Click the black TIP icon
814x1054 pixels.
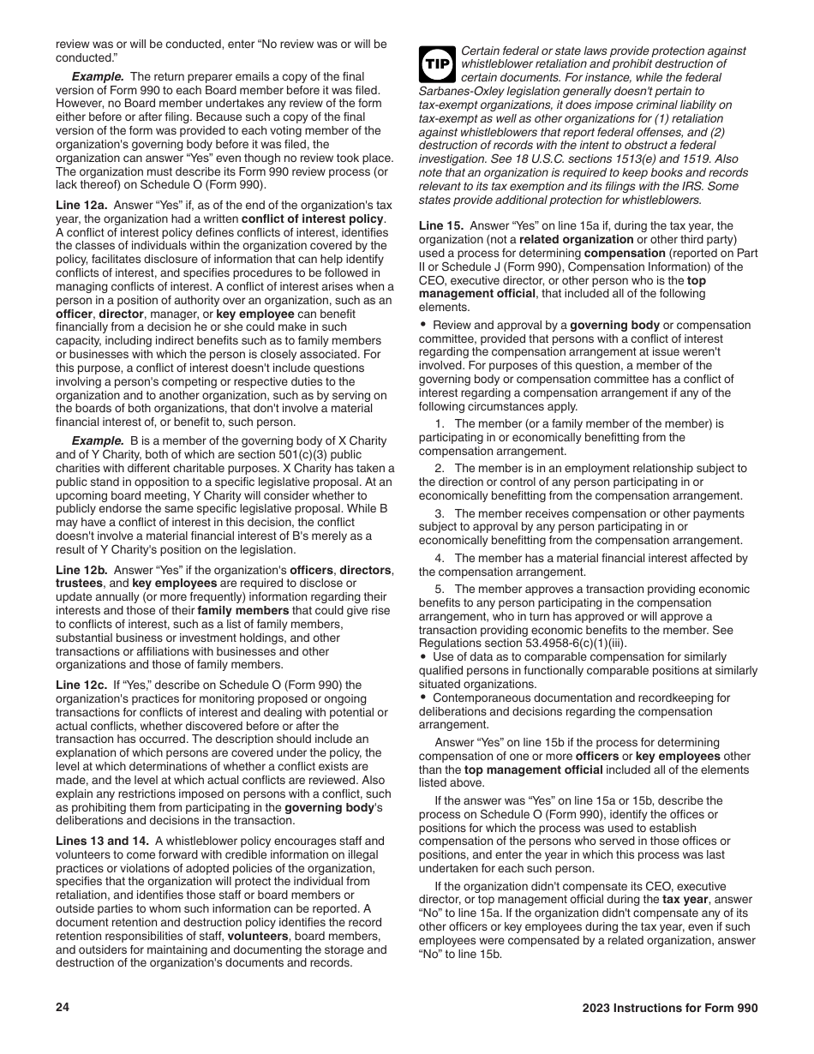(437, 64)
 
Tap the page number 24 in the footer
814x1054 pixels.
(63, 1008)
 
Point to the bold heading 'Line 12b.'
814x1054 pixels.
(82, 570)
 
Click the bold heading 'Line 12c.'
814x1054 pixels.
(82, 685)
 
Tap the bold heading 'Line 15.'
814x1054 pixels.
(441, 225)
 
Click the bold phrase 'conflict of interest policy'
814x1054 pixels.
(313, 219)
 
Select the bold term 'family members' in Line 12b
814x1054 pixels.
(242, 610)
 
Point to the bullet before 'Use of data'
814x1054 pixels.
(423, 657)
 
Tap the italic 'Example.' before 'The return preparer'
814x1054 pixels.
(98, 76)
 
